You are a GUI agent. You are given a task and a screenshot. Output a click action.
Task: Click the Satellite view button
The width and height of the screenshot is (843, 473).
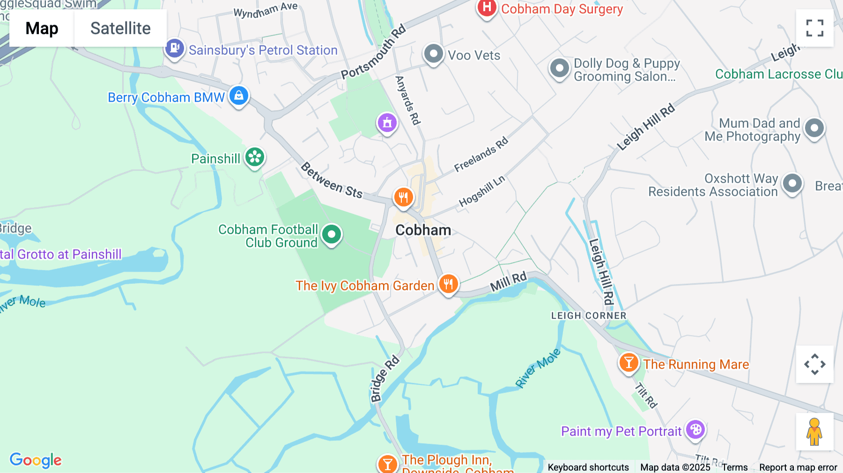point(120,28)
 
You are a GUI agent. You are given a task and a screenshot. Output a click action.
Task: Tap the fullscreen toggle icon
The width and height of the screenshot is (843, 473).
point(814,28)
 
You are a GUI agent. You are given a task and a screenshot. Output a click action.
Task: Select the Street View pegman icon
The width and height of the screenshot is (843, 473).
point(814,432)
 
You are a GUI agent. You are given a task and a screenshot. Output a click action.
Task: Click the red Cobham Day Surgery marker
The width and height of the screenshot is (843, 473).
point(487,8)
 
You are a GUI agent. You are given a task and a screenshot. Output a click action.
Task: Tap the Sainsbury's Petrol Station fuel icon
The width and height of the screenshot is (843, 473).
point(175,48)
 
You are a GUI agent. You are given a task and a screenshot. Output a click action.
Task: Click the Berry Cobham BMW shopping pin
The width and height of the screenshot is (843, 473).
point(239,96)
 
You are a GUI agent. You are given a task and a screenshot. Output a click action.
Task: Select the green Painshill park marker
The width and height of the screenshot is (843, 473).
point(255,157)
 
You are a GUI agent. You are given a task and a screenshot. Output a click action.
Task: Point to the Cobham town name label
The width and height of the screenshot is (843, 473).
point(423,230)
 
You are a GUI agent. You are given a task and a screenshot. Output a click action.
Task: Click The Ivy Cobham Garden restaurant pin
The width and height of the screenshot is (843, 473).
point(448,284)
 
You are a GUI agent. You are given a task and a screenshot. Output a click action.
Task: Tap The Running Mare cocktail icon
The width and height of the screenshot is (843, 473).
point(629,363)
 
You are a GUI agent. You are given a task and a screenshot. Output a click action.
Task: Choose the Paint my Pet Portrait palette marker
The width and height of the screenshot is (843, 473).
point(695,430)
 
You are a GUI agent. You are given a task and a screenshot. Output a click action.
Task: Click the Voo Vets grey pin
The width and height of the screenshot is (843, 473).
point(433,54)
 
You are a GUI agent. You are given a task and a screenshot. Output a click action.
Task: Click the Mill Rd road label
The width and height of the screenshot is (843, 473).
point(508,281)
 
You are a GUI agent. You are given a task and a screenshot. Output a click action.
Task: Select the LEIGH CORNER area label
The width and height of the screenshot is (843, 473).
point(589,316)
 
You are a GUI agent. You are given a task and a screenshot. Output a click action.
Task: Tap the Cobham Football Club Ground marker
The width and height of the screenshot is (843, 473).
point(332,234)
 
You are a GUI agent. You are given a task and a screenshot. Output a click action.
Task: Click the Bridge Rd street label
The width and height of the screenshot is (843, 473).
point(385,379)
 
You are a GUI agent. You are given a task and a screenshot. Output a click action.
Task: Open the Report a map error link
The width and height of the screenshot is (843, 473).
point(798,467)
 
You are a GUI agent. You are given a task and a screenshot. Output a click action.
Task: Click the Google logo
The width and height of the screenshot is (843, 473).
point(36,460)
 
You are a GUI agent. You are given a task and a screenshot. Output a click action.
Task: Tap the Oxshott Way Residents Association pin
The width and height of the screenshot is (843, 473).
point(792,184)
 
